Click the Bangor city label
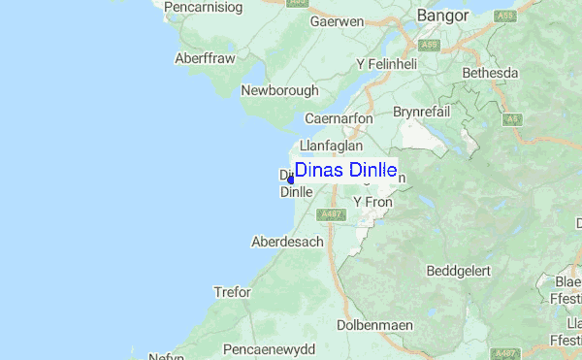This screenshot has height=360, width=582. point(442,16)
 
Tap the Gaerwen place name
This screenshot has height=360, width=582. point(336,20)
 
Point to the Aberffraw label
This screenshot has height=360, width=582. point(205,57)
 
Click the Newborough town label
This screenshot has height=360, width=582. point(279,90)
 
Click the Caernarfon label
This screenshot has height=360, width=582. point(339,118)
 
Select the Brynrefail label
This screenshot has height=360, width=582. point(425,112)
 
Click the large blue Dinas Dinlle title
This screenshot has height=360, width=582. point(345,170)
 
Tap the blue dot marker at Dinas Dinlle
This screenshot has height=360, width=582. point(291,179)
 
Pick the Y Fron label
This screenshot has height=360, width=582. point(371,201)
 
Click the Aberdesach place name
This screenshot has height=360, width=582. point(287,241)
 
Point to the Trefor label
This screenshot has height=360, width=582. point(232,291)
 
